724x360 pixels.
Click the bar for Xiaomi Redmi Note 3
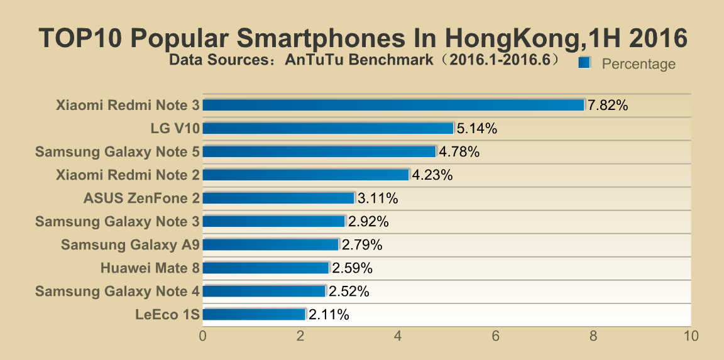pyautogui.click(x=393, y=105)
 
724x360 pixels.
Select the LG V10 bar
pyautogui.click(x=328, y=128)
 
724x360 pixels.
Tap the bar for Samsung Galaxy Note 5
pyautogui.click(x=319, y=151)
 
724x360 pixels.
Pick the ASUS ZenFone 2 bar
pyautogui.click(x=278, y=198)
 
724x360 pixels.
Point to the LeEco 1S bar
pyautogui.click(x=254, y=314)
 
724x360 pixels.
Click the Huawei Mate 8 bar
pyautogui.click(x=266, y=268)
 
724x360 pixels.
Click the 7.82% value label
pyautogui.click(x=608, y=106)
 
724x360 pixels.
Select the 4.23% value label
pyautogui.click(x=432, y=175)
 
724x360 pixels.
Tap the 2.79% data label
pyautogui.click(x=362, y=245)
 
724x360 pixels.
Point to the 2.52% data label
pyautogui.click(x=349, y=292)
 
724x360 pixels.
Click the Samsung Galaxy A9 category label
pyautogui.click(x=130, y=244)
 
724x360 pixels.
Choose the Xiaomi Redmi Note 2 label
pyautogui.click(x=128, y=175)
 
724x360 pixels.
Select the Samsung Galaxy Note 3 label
pyautogui.click(x=118, y=221)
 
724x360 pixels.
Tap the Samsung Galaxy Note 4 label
pyautogui.click(x=118, y=291)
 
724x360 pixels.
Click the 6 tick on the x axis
pyautogui.click(x=496, y=336)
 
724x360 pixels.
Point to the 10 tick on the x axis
pyautogui.click(x=691, y=336)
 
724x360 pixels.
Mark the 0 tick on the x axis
pyautogui.click(x=203, y=336)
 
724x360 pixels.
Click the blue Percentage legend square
pyautogui.click(x=584, y=62)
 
